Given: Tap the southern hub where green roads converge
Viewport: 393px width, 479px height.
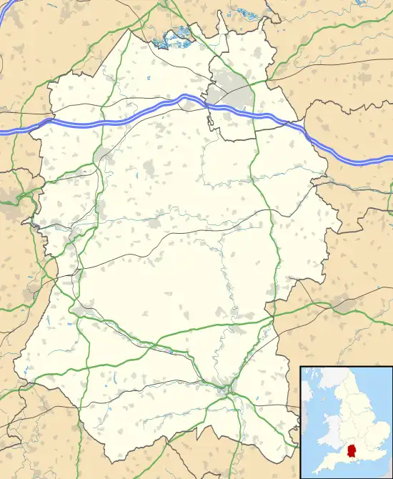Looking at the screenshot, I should pyautogui.click(x=228, y=390).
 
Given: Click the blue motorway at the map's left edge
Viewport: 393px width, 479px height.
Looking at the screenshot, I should pyautogui.click(x=3, y=132).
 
